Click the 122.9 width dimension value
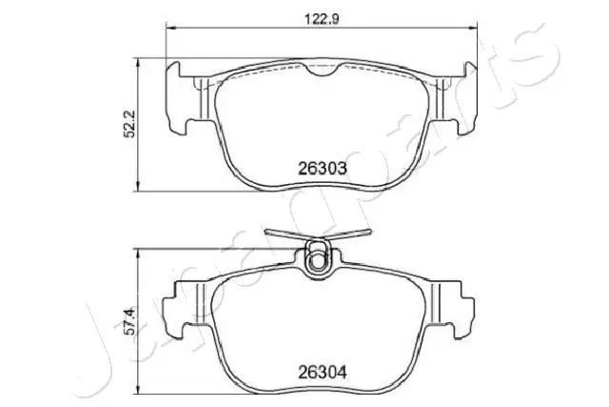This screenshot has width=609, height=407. coord(322,19)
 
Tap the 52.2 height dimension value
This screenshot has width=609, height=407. coord(129,124)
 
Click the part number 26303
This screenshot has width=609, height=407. coord(322,169)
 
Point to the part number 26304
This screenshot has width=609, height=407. coord(322,373)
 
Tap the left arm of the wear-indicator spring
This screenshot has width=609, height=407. coord(285,234)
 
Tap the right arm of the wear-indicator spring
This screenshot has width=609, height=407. coord(349,234)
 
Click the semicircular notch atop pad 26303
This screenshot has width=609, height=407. coord(321,71)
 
